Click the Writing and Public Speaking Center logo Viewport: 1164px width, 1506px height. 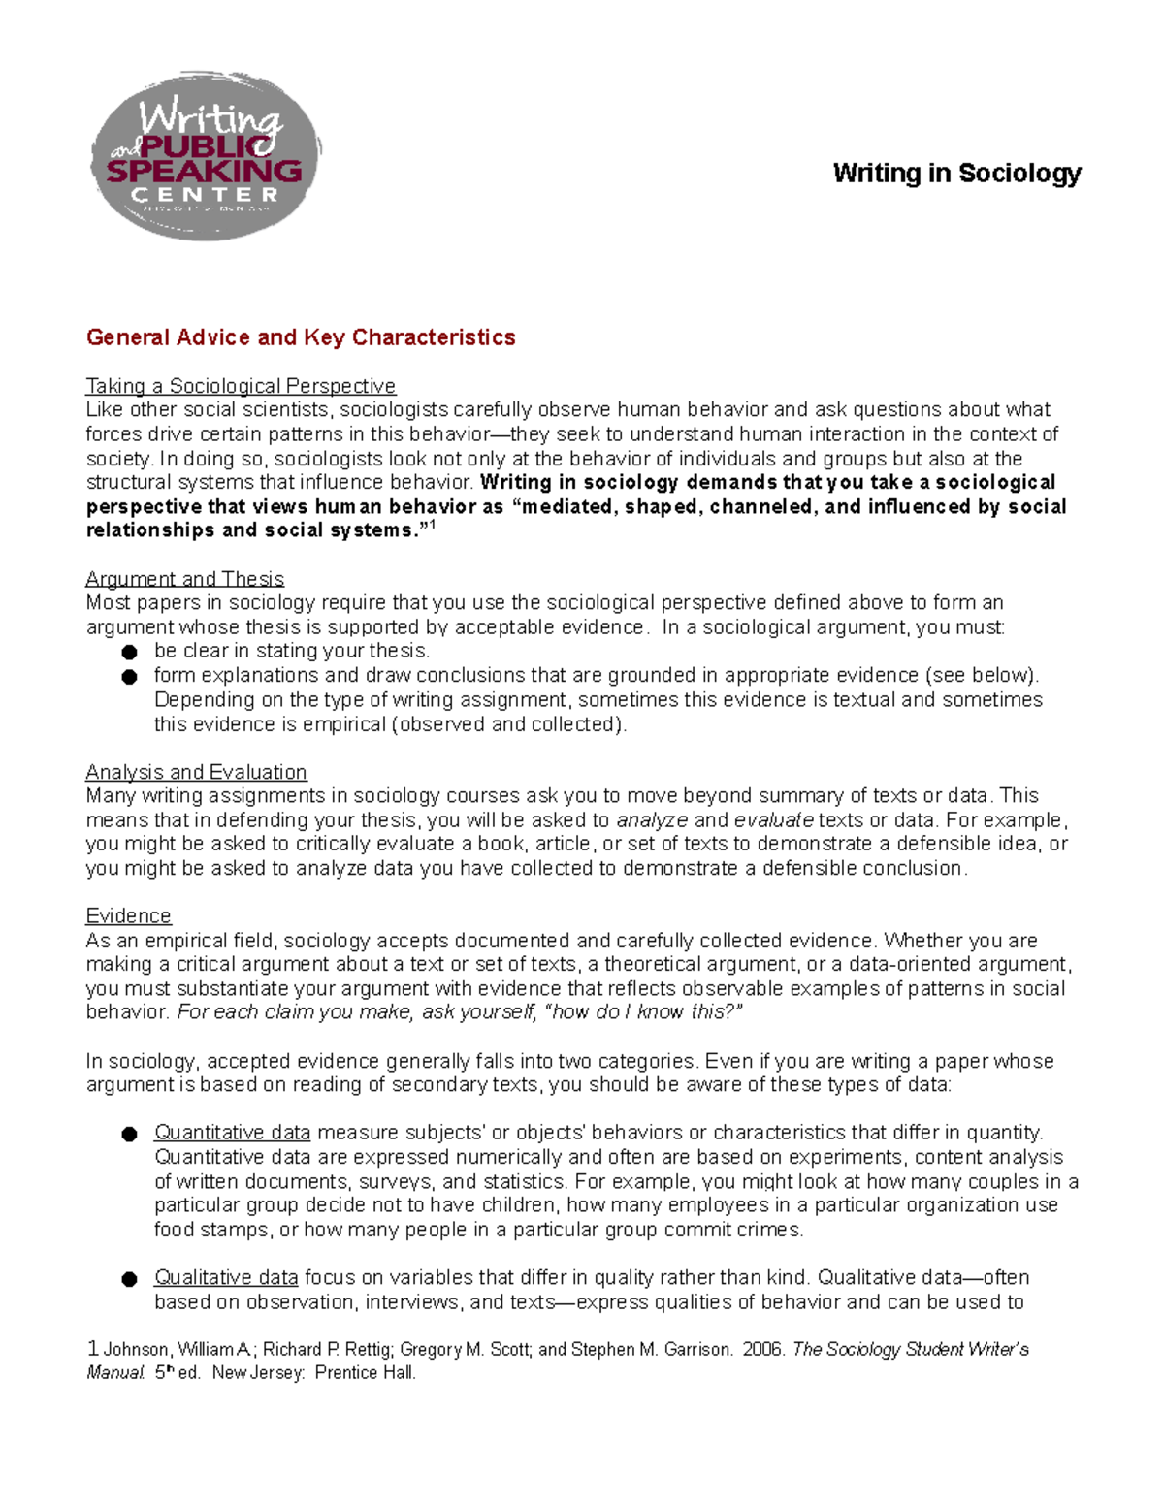click(205, 155)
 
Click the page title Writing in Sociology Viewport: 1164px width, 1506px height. click(956, 174)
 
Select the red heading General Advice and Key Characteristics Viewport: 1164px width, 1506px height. click(301, 337)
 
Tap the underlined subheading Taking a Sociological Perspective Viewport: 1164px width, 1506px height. click(241, 386)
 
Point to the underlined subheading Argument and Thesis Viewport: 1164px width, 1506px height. click(184, 579)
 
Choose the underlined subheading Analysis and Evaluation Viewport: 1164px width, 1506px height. click(196, 772)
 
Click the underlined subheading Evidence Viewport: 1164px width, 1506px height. click(128, 916)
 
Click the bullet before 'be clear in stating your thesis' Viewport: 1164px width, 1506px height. click(129, 653)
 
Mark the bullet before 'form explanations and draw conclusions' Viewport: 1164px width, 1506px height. click(129, 677)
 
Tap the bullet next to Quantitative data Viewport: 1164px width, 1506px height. click(129, 1134)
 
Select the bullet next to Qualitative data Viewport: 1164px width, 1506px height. click(129, 1279)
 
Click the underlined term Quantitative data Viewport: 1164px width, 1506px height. click(232, 1133)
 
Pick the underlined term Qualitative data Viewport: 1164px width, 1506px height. click(226, 1278)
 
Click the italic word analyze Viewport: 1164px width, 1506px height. click(652, 820)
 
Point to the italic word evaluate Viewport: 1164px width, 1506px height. click(773, 820)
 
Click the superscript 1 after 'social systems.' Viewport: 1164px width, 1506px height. click(432, 526)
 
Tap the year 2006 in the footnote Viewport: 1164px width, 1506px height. click(763, 1350)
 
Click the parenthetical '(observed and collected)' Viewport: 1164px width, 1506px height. click(507, 724)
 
